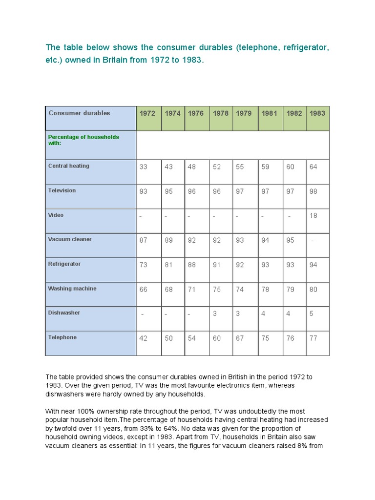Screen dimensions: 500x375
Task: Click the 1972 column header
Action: coord(147,113)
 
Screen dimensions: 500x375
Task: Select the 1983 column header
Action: coord(317,113)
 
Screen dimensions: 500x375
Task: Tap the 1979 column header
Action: coord(244,113)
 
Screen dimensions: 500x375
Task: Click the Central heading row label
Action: coord(69,166)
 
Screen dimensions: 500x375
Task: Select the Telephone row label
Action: coord(62,337)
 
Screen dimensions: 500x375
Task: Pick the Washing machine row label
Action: coord(72,289)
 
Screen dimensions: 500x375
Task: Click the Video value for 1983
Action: coord(313,216)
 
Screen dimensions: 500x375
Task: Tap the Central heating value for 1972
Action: coord(143,167)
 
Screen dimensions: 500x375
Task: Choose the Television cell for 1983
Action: coord(313,191)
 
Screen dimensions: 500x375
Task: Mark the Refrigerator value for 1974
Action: coord(168,265)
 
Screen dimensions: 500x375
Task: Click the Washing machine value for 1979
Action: coord(240,289)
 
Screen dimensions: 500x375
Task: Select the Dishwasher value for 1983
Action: coord(312,313)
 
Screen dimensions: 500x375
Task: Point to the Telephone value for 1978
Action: coord(217,338)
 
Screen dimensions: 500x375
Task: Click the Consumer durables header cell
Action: coord(79,113)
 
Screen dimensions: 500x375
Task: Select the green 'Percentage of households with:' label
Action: coord(83,140)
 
